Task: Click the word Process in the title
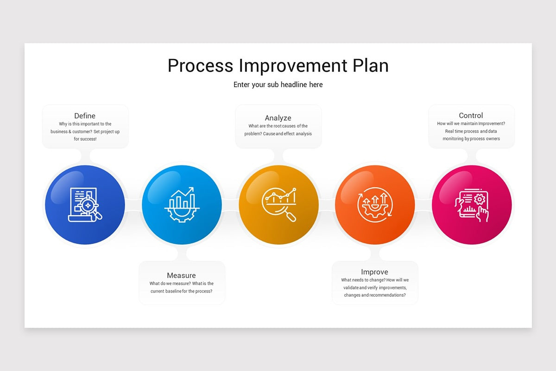coord(201,66)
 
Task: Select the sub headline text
coord(278,84)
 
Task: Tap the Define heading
coord(85,115)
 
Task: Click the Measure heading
coord(181,275)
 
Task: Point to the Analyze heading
coord(278,118)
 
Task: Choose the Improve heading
coord(374,272)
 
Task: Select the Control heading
coord(471,115)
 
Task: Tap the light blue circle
coord(182,230)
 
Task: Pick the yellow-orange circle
coord(278,230)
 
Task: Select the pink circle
coord(472,230)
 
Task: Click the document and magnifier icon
coord(85,205)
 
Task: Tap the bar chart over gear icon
coord(182,205)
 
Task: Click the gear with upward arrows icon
coord(375,205)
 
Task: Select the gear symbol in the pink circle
coord(480,198)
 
